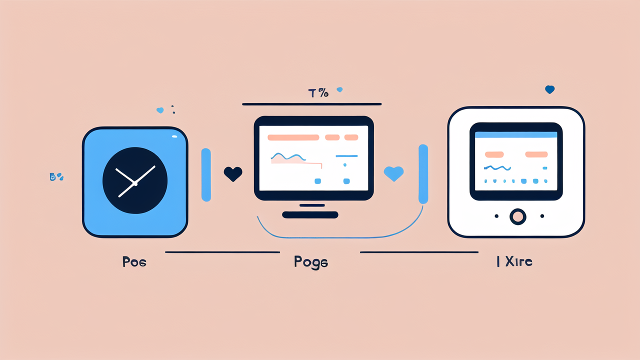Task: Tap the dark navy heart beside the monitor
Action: [233, 173]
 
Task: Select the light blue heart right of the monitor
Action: [393, 173]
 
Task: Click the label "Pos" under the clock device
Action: [134, 261]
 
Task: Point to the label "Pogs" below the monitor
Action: [311, 262]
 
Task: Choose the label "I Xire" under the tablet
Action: [514, 261]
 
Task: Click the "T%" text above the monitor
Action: [318, 92]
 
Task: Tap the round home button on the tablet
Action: [517, 216]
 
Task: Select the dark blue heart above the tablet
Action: [549, 89]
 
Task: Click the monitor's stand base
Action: [310, 215]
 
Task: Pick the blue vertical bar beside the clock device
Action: [205, 174]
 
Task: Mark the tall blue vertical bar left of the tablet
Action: [423, 174]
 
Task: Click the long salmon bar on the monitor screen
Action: [293, 137]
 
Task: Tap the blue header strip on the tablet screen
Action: [516, 135]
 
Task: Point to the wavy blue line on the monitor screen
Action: [288, 157]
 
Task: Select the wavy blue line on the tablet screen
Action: [497, 167]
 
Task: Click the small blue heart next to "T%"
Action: [339, 90]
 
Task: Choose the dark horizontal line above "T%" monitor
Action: [311, 104]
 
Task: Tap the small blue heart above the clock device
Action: [160, 110]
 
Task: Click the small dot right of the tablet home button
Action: [542, 216]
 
